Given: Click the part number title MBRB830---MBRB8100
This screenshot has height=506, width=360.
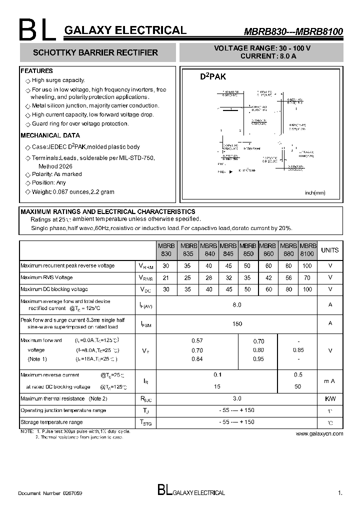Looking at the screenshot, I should [x=293, y=31].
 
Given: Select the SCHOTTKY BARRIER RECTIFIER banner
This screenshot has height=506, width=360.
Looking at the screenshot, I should [x=95, y=52].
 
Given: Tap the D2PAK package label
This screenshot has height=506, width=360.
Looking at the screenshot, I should [x=213, y=77].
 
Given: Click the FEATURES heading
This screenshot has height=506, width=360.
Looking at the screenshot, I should [x=36, y=71].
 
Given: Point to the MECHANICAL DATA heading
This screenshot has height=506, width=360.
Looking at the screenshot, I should [x=50, y=135].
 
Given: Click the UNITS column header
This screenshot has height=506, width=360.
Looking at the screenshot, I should [x=329, y=250].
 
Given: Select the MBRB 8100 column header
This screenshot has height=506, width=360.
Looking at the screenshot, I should [x=307, y=250].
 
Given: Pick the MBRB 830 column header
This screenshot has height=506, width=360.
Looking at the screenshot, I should [x=166, y=250].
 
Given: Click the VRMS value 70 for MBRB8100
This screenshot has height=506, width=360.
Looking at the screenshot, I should [x=307, y=277].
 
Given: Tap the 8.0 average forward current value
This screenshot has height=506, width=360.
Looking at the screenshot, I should [x=237, y=304].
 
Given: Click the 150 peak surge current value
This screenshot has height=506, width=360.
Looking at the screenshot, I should [x=237, y=323].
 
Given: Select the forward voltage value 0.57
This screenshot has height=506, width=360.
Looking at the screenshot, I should [x=197, y=341].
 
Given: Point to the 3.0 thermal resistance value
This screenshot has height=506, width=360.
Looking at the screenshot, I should [x=237, y=398].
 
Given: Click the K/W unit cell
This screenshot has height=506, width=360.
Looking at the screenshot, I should [x=329, y=399].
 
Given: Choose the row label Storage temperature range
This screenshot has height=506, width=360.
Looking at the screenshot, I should [x=51, y=422].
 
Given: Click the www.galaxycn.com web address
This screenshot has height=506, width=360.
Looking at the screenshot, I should [x=319, y=433].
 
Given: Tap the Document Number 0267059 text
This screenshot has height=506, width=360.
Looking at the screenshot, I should [x=50, y=493].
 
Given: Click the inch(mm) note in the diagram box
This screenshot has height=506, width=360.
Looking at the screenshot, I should [x=315, y=192].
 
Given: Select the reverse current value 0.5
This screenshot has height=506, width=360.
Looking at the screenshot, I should [x=298, y=374].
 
